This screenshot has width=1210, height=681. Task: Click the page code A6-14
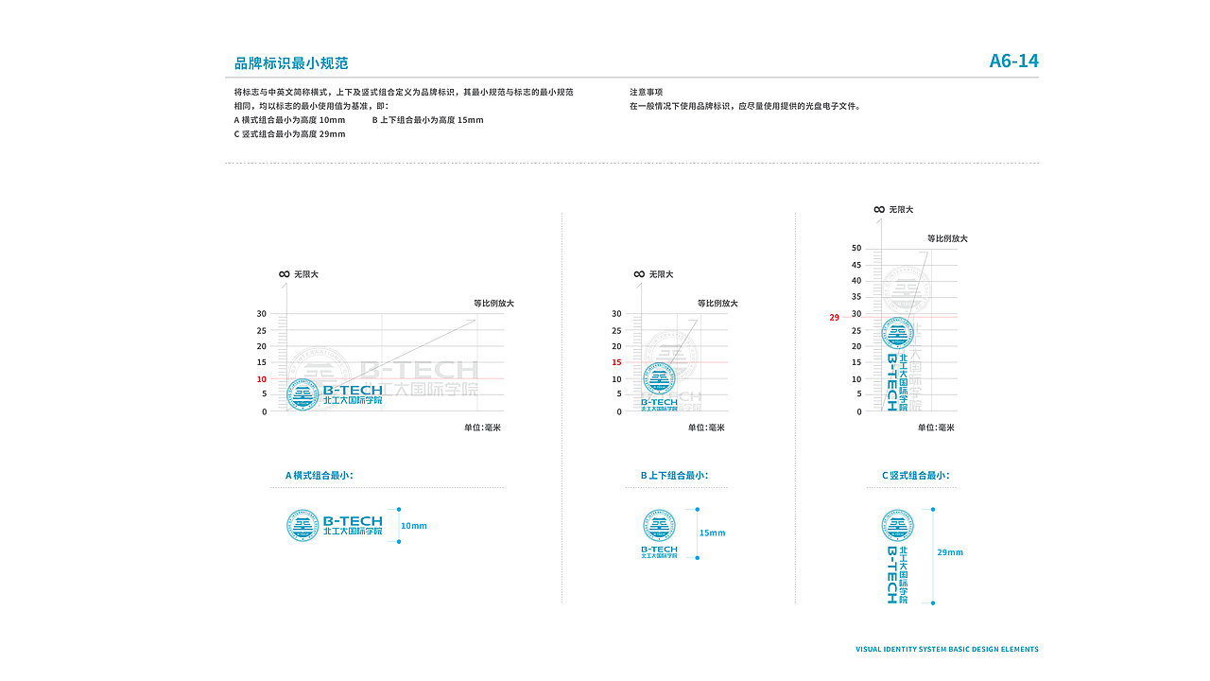pyautogui.click(x=1013, y=61)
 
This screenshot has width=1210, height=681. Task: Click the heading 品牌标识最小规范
pyautogui.click(x=291, y=63)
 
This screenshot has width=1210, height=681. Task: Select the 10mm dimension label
pyautogui.click(x=414, y=526)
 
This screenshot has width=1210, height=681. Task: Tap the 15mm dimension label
pyautogui.click(x=713, y=533)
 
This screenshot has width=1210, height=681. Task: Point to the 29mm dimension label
pyautogui.click(x=950, y=552)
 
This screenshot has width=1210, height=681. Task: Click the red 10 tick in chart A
pyautogui.click(x=261, y=379)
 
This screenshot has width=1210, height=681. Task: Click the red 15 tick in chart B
pyautogui.click(x=616, y=362)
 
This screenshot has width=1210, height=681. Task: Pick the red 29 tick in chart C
pyautogui.click(x=834, y=318)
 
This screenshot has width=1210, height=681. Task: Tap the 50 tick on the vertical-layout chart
pyautogui.click(x=856, y=248)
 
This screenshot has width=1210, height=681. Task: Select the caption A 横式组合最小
pyautogui.click(x=320, y=476)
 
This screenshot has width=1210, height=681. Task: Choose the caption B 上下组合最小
pyautogui.click(x=673, y=476)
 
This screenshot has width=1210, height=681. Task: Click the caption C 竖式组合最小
pyautogui.click(x=915, y=476)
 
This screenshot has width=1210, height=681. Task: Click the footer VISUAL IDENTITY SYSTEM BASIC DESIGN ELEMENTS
pyautogui.click(x=946, y=650)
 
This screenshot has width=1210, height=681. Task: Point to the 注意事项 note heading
pyautogui.click(x=647, y=92)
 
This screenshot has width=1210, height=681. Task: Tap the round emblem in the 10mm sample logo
pyautogui.click(x=302, y=526)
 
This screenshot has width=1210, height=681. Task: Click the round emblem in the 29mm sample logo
pyautogui.click(x=898, y=525)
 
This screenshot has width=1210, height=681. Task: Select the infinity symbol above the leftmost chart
pyautogui.click(x=284, y=274)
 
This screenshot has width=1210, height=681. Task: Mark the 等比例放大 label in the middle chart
pyautogui.click(x=717, y=304)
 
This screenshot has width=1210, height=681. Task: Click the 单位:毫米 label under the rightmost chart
pyautogui.click(x=936, y=428)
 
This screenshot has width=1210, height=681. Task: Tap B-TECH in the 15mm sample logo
pyautogui.click(x=659, y=549)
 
